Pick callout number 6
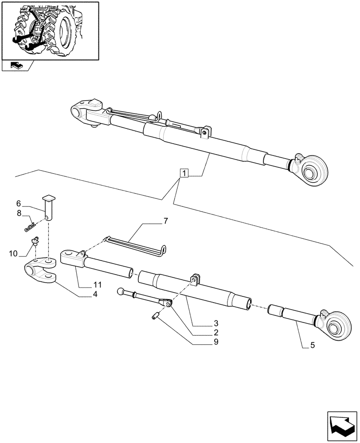click(19, 203)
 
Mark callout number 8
click(19, 213)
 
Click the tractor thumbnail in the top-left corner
click(50, 30)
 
